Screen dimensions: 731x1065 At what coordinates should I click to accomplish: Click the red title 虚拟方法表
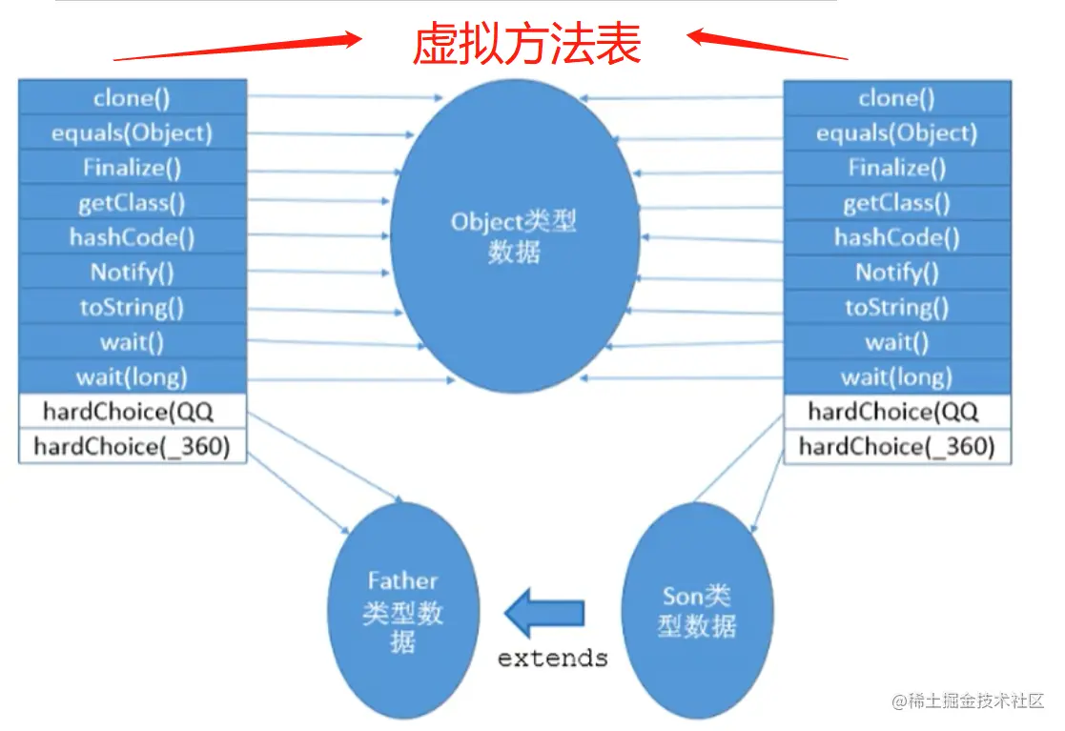[526, 44]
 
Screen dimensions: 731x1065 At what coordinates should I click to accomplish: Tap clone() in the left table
[132, 98]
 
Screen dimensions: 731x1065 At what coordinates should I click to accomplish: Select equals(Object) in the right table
[896, 133]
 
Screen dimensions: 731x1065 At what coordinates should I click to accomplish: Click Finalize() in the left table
[132, 168]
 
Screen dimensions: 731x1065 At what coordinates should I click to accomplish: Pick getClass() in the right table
[896, 203]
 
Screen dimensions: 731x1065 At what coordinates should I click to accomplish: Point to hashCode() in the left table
[132, 237]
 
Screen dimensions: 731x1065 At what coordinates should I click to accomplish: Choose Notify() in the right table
[896, 273]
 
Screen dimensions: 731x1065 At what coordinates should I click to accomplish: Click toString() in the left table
[132, 307]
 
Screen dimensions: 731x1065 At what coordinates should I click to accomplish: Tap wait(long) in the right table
[896, 376]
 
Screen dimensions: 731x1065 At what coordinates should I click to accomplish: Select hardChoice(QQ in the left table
[132, 412]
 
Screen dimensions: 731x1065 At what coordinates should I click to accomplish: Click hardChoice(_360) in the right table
[896, 446]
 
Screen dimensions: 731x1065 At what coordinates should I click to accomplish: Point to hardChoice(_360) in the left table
[132, 446]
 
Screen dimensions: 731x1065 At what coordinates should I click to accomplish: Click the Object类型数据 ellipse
[515, 238]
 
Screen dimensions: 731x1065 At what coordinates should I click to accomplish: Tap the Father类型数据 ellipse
[402, 610]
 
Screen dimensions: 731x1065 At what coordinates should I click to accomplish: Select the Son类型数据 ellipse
[697, 610]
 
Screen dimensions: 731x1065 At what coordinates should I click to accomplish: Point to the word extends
[552, 658]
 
